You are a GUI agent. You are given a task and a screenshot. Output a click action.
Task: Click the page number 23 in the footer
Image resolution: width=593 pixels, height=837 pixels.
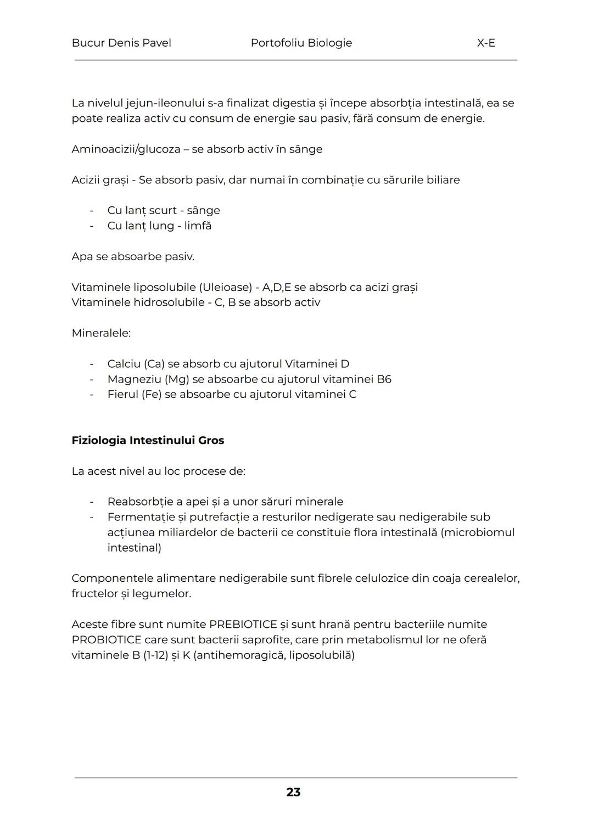[x=293, y=792]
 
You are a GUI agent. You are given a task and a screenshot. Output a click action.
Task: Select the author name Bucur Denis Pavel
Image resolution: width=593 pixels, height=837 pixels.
[x=121, y=43]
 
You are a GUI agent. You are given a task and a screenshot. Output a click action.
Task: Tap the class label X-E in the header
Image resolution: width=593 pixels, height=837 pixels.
[x=486, y=43]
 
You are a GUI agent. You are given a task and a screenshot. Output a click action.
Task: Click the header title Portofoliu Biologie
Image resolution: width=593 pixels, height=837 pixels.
[x=301, y=43]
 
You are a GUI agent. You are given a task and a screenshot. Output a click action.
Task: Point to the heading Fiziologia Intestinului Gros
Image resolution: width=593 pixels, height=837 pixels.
[x=148, y=440]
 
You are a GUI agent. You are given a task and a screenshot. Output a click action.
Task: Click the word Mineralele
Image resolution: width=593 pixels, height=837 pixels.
[x=101, y=333]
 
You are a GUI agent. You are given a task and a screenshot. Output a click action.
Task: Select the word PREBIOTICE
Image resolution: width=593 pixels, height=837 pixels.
[x=243, y=625]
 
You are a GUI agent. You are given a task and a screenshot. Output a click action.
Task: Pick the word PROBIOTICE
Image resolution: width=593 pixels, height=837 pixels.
[x=106, y=640]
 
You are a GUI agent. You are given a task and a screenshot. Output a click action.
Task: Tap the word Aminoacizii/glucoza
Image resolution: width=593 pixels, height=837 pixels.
[x=126, y=149]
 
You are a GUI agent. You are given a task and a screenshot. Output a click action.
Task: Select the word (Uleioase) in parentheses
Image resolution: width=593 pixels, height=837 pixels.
[x=225, y=288]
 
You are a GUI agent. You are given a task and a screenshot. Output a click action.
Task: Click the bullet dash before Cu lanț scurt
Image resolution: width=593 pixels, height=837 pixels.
[x=92, y=210]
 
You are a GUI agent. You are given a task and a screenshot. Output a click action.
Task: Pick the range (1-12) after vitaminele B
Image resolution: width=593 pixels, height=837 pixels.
[x=155, y=655]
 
